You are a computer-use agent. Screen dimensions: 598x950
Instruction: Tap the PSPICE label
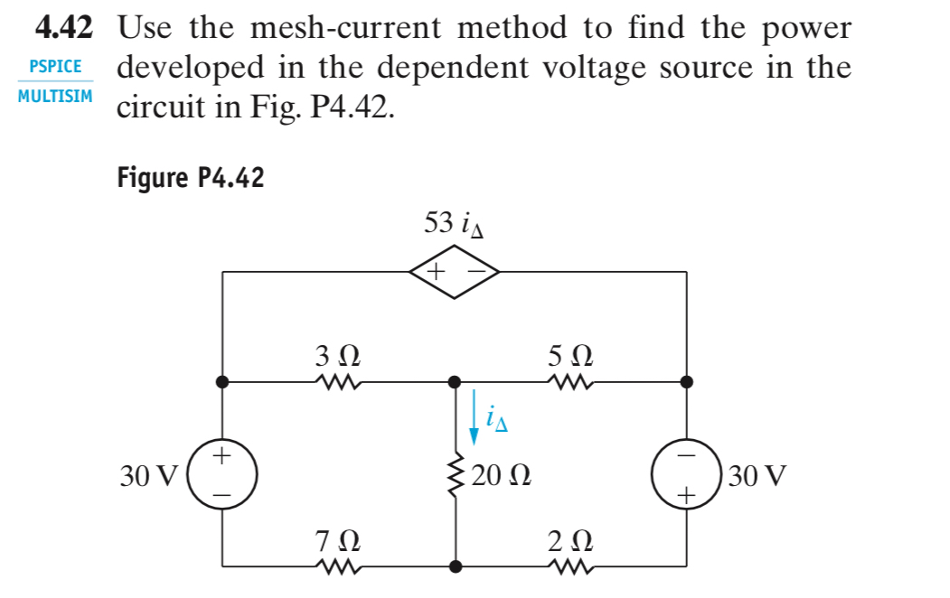[55, 67]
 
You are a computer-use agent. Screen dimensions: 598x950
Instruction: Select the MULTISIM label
[55, 95]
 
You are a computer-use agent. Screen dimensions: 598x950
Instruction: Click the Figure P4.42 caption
[191, 178]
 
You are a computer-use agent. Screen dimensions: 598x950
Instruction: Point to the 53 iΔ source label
[454, 223]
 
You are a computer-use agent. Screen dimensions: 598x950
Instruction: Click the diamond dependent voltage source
[454, 271]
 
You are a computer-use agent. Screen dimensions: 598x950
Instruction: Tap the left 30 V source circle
[223, 474]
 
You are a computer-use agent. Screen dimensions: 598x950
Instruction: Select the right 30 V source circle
[686, 474]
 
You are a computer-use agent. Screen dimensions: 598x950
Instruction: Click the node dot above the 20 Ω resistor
[456, 382]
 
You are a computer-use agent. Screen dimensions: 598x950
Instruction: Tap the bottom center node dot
[456, 567]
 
